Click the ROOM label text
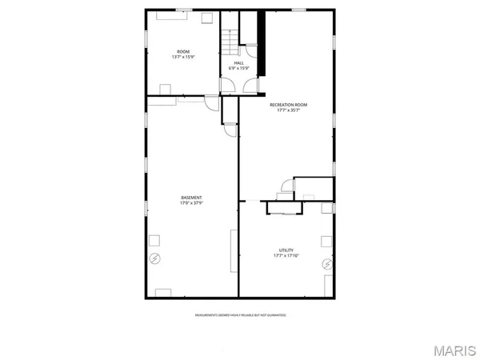pos(183,52)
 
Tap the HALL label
pos(238,62)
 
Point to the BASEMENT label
pos(190,198)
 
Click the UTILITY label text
pos(286,250)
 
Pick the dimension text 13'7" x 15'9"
pos(183,58)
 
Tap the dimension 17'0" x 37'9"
pos(190,203)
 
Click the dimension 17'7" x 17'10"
pos(286,255)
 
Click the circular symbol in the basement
pos(154,258)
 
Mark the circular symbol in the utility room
pos(326,263)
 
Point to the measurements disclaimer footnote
pos(240,315)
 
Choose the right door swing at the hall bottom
pos(250,89)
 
